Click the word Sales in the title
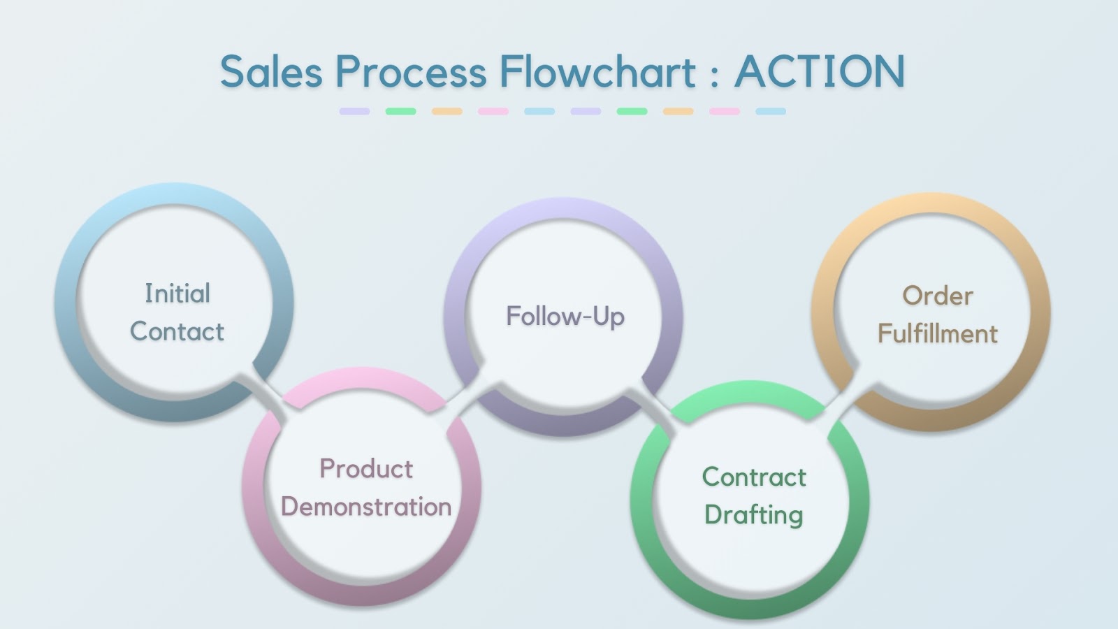pos(271,72)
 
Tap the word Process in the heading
pos(410,72)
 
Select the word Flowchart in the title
pos(597,72)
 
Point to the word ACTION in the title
pos(820,72)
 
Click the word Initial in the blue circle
pos(177,294)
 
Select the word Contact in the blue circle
pos(177,331)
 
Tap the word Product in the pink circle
pos(366,468)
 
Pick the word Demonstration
pos(366,507)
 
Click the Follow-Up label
pos(565,317)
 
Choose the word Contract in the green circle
pos(754,477)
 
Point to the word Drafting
pos(754,515)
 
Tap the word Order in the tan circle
pos(938,296)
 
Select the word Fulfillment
pos(938,333)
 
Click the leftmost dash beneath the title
pos(354,111)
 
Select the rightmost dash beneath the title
pos(771,111)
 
